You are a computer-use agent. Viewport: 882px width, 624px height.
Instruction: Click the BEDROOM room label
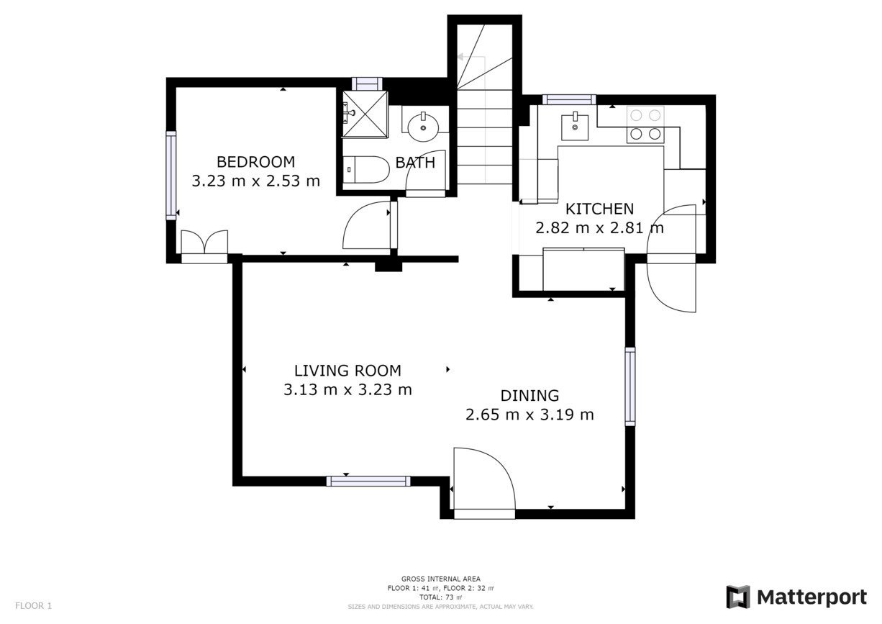(255, 162)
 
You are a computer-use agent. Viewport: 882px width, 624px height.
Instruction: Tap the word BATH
(415, 163)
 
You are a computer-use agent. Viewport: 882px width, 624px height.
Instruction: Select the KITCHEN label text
(599, 209)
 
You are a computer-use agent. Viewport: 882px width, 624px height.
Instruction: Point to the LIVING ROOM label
(347, 371)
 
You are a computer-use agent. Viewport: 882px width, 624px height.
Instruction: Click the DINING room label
(529, 396)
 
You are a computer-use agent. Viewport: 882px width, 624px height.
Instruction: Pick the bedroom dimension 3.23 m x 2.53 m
(255, 181)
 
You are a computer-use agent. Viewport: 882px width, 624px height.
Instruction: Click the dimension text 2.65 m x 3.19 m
(529, 415)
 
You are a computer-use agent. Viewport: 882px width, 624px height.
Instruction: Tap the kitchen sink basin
(575, 127)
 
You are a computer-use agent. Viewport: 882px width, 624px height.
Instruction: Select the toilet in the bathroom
(366, 170)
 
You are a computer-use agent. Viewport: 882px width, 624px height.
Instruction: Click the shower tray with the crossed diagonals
(365, 114)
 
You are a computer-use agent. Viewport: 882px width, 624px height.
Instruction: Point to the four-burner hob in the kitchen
(645, 125)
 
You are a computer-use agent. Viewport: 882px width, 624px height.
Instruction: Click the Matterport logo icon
(738, 597)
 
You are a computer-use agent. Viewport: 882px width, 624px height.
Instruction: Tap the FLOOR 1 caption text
(34, 605)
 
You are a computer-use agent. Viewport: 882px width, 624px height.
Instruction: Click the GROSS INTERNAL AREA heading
(440, 579)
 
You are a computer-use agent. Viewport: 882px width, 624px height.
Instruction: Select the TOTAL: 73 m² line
(440, 597)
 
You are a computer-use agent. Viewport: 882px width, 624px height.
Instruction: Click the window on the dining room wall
(630, 386)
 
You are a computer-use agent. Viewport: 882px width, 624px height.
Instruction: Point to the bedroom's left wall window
(171, 176)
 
